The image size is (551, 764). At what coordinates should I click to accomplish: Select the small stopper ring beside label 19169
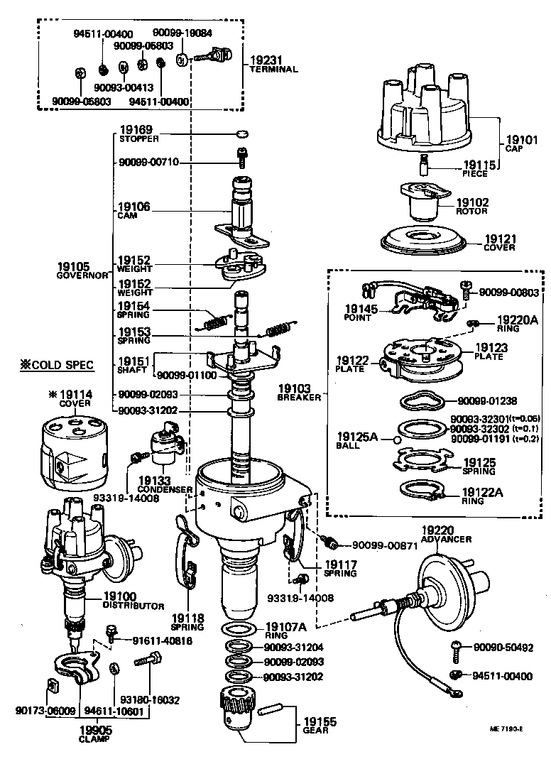241,133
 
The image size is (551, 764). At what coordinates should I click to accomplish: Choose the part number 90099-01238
489,400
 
